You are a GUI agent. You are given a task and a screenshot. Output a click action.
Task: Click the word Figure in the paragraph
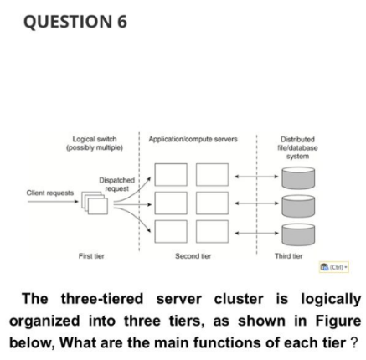[334, 322]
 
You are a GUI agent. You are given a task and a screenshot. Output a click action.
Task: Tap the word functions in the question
[255, 342]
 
